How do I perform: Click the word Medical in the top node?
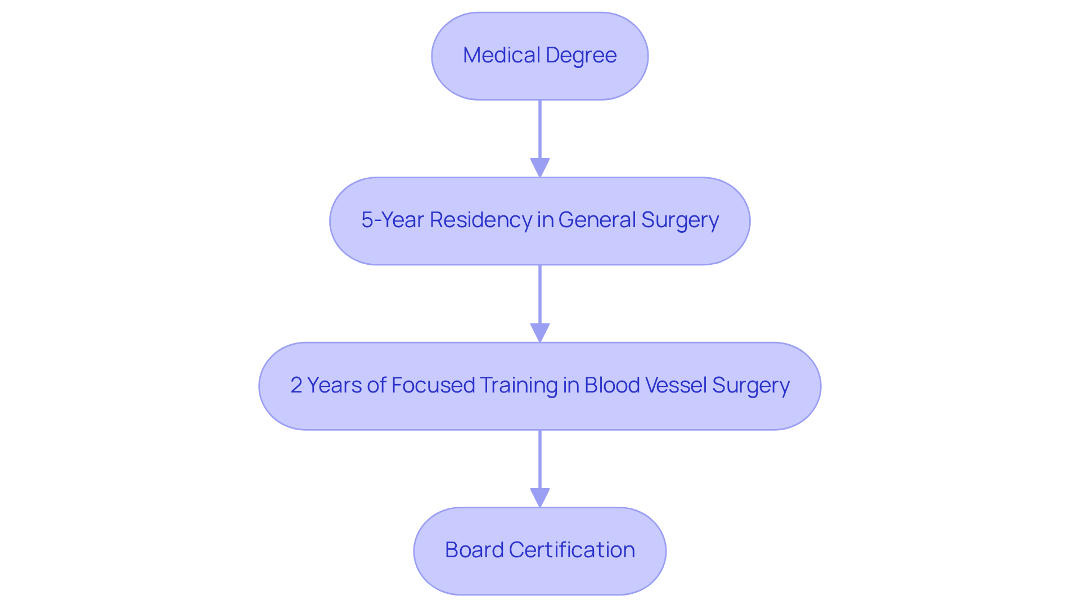pos(501,55)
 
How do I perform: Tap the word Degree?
pos(581,55)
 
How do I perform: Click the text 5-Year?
pos(392,220)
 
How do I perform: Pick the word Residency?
pos(480,220)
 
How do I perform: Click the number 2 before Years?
pos(296,385)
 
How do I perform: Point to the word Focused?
pos(433,385)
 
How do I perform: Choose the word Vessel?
pos(676,385)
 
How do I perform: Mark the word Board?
pos(474,550)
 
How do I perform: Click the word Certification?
pos(571,550)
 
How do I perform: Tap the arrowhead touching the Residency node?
pos(539,168)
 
